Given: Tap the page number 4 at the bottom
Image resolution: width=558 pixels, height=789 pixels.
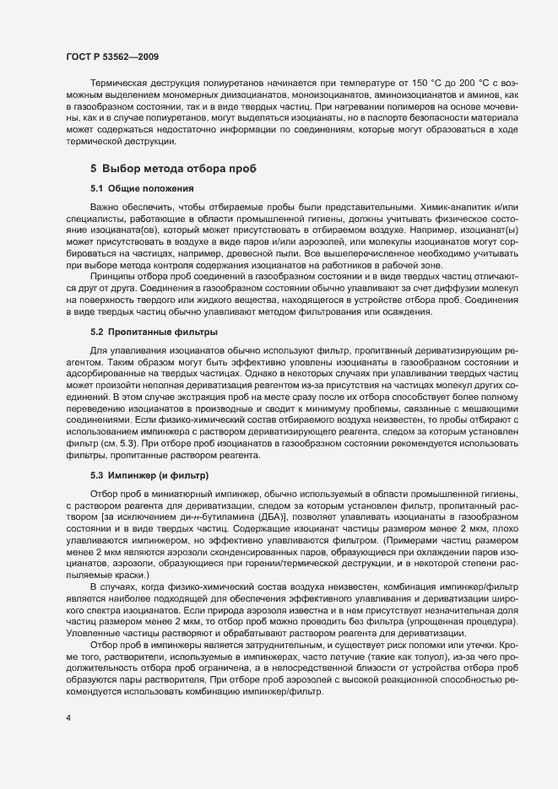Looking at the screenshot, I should (x=68, y=718).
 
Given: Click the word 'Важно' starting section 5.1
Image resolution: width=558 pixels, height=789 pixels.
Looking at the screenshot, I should (x=105, y=207).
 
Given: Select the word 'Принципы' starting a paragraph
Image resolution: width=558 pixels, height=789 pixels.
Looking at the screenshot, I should (x=112, y=276).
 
